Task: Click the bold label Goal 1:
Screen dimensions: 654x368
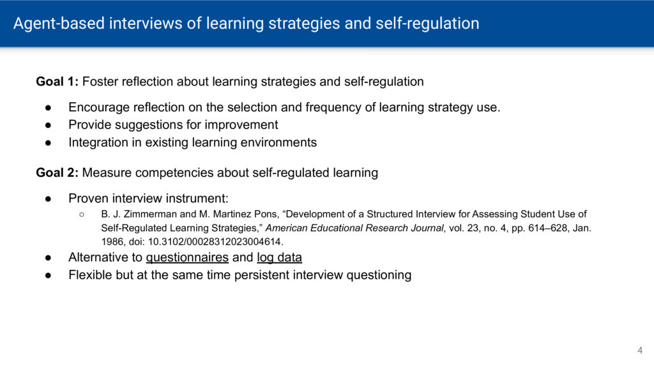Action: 57,81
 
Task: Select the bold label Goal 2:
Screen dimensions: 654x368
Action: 57,172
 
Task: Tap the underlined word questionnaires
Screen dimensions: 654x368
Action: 187,257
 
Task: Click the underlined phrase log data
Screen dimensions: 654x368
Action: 280,257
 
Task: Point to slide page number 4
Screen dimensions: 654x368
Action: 640,351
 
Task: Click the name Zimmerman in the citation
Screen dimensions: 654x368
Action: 150,214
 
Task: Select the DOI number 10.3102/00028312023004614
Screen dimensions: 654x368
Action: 215,241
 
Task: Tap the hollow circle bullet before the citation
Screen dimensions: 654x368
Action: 82,215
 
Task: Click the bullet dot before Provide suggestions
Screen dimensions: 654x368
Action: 49,125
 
